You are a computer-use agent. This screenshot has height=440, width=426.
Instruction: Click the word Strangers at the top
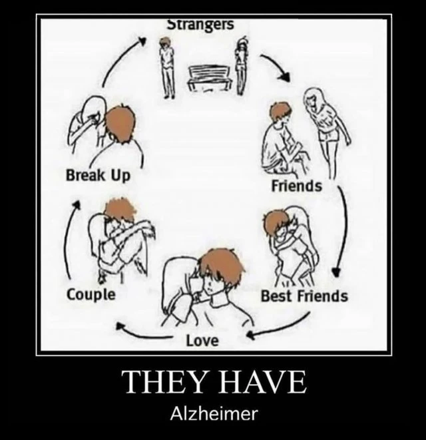coord(200,25)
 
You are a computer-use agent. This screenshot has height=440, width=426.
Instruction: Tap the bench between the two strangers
coord(210,78)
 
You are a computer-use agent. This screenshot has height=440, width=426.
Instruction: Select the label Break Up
coord(99,176)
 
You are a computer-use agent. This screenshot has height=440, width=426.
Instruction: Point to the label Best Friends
coord(304,296)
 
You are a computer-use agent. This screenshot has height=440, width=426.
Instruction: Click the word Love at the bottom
coord(202,341)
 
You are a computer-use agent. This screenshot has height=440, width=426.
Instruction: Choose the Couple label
coord(91,295)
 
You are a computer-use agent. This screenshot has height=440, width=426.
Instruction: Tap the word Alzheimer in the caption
coord(214,413)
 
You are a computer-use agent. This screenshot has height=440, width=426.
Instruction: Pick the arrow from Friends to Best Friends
coord(343,230)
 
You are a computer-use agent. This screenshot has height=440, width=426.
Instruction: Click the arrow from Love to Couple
coord(143,334)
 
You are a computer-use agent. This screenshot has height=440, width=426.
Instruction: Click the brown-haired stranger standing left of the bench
coord(167,67)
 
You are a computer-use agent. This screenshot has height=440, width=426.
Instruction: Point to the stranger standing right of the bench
coord(241,66)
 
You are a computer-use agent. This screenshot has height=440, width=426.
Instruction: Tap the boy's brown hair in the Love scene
coord(222,263)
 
